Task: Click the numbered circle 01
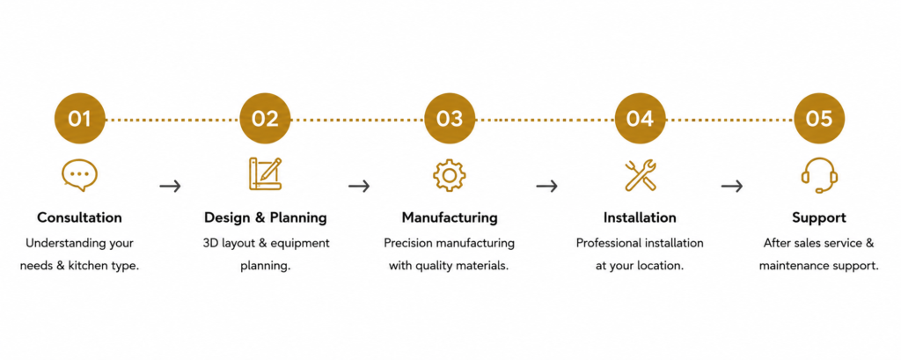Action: click(x=80, y=119)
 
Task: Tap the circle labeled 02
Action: click(x=265, y=119)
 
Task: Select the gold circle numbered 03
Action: click(x=450, y=119)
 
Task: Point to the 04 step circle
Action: click(x=641, y=119)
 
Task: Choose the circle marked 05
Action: click(x=819, y=119)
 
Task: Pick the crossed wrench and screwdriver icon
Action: click(x=641, y=175)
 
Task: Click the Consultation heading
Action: click(x=79, y=218)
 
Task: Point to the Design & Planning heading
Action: click(x=266, y=218)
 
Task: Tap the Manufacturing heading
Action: click(x=450, y=218)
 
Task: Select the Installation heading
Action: click(x=640, y=218)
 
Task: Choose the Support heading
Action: click(x=819, y=218)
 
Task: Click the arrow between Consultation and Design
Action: click(x=170, y=186)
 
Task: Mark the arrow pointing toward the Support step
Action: click(x=731, y=186)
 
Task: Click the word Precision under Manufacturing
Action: click(x=408, y=243)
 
